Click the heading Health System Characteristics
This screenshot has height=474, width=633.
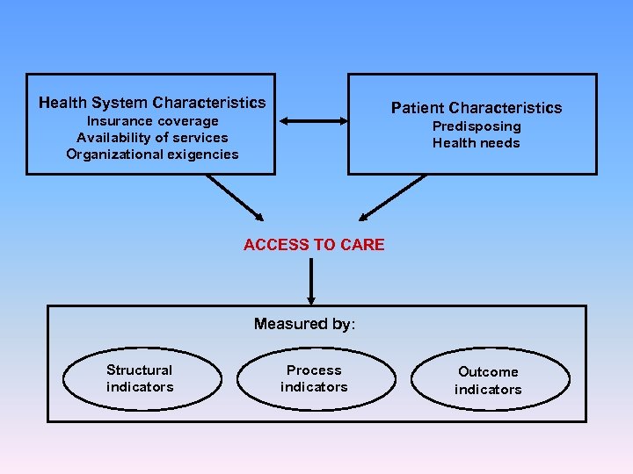click(152, 103)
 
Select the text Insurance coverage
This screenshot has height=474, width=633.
click(152, 121)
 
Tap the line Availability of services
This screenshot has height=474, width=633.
click(152, 138)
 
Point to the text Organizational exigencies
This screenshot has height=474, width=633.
click(152, 154)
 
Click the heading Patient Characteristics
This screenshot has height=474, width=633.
click(476, 108)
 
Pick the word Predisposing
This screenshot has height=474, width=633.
click(476, 126)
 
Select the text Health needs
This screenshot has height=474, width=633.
click(476, 143)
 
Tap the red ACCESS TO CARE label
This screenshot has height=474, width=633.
click(314, 245)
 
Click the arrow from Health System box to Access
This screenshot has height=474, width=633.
click(235, 197)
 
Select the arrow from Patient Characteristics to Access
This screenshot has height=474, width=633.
click(393, 197)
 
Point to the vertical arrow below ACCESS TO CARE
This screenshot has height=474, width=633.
click(311, 281)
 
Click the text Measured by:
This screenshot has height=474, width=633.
click(304, 324)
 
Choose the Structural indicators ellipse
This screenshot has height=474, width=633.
click(140, 378)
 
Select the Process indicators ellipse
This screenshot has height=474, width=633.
click(314, 378)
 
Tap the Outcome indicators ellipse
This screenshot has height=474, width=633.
click(488, 380)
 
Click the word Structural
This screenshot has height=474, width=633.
click(139, 370)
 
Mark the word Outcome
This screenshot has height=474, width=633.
click(488, 372)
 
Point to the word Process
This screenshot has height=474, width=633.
click(314, 370)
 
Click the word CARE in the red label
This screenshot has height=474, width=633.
click(362, 245)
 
